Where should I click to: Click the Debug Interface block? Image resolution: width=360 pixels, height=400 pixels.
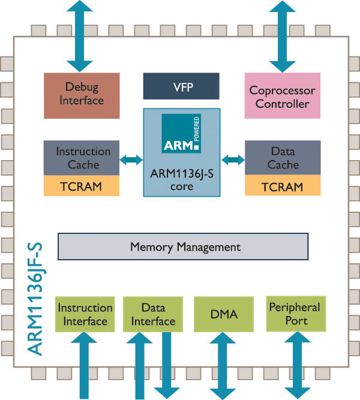click(x=82, y=95)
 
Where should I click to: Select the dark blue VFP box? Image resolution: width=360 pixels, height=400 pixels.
click(x=181, y=86)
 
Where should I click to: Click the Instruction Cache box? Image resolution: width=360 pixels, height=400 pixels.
click(x=83, y=158)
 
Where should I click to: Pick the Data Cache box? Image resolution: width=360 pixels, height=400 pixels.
click(x=282, y=158)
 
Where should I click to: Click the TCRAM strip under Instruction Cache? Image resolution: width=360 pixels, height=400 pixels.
click(x=83, y=187)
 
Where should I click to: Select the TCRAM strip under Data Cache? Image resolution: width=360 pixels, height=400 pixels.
click(x=282, y=187)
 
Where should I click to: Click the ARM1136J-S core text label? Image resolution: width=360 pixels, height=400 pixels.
click(x=181, y=180)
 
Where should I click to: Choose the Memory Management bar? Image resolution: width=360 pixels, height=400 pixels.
click(x=182, y=246)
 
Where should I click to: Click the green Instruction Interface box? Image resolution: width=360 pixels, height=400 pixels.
click(x=85, y=314)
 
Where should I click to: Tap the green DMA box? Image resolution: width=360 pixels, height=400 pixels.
click(x=224, y=314)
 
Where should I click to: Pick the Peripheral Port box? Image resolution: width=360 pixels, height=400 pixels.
click(x=295, y=314)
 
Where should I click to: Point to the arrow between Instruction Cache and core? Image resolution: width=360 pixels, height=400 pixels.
click(x=131, y=160)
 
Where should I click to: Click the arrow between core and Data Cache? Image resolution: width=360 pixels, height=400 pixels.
click(x=233, y=160)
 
